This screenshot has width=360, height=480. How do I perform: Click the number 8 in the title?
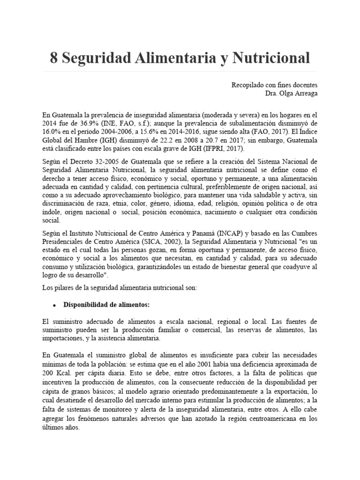coord(54,58)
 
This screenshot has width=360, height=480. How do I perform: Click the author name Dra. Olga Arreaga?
coord(291,93)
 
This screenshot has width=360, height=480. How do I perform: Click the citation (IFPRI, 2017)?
coord(218,148)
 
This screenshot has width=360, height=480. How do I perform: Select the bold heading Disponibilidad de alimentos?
coord(106,305)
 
